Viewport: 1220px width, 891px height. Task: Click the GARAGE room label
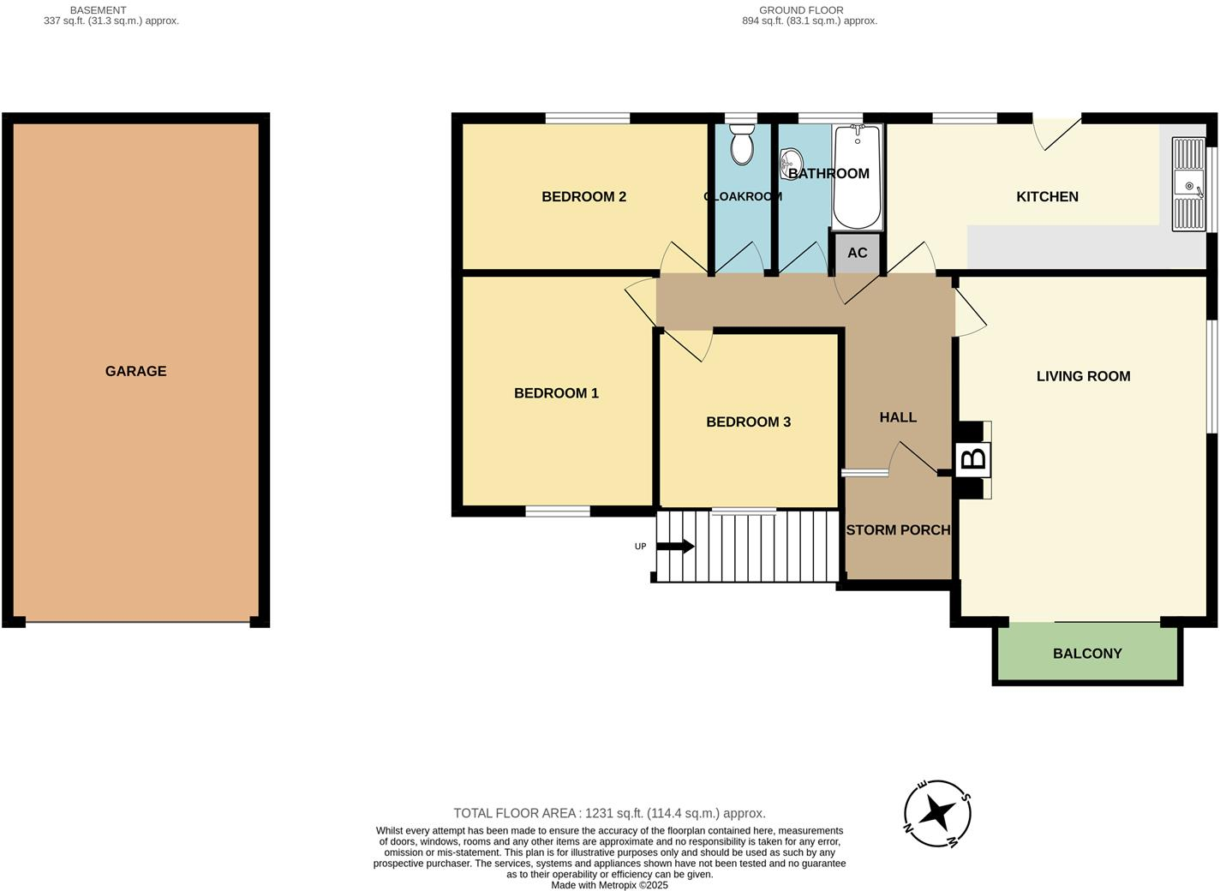click(135, 371)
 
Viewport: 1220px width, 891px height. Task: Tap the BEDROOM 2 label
click(583, 196)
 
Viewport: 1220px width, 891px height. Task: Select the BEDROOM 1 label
click(556, 393)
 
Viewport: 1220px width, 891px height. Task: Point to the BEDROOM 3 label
click(748, 422)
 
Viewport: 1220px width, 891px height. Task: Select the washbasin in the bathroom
click(792, 162)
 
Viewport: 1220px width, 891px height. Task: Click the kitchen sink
click(1189, 184)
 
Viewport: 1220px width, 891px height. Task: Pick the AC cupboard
click(857, 253)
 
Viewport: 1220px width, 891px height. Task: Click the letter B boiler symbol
click(973, 459)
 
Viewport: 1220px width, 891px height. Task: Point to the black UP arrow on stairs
click(676, 547)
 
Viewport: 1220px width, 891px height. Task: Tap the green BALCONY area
click(1086, 653)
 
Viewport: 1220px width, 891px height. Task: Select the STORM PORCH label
click(898, 530)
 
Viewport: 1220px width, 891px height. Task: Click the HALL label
click(898, 417)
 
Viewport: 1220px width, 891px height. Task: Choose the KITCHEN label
click(1047, 196)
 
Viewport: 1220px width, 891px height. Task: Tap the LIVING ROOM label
click(1083, 376)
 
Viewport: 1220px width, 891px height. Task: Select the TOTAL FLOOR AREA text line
click(609, 813)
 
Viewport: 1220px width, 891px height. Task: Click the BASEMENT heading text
click(98, 10)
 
